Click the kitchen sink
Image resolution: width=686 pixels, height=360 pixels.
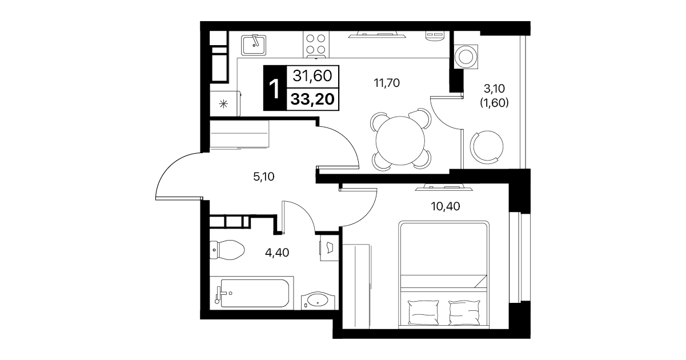[x=254, y=45]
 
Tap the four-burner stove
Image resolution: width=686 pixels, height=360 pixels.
[x=316, y=45]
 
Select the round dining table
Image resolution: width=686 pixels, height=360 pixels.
[x=400, y=141]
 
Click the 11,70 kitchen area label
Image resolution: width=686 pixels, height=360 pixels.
[x=387, y=83]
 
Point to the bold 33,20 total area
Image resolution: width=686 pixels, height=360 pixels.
[x=312, y=99]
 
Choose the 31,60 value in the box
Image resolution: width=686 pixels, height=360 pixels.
[x=312, y=75]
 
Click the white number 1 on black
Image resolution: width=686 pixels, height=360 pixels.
[x=275, y=89]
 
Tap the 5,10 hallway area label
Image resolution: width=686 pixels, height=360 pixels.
[x=264, y=177]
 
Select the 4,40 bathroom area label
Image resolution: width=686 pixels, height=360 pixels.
[x=277, y=253]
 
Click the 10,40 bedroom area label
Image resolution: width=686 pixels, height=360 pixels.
[x=446, y=206]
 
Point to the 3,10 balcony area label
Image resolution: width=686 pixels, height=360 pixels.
[x=494, y=89]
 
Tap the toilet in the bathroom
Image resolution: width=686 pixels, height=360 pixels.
[x=227, y=250]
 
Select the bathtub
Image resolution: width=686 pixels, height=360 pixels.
[x=252, y=293]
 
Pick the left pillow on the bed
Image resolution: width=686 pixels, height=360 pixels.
[x=424, y=312]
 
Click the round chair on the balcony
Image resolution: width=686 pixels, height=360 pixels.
[x=487, y=147]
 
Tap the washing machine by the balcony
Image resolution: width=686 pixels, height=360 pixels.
[x=466, y=57]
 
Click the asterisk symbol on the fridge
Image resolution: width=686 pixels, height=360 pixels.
[x=223, y=104]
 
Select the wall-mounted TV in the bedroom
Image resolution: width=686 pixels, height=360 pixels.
[x=444, y=187]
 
